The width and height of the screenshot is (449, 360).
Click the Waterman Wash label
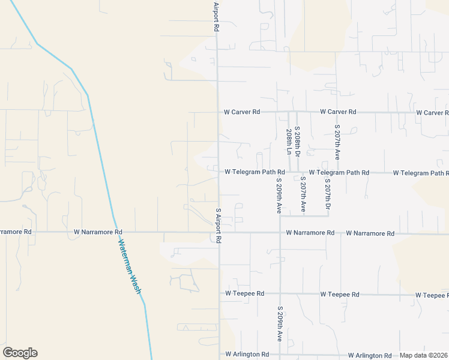(129, 266)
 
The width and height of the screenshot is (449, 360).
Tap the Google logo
(20, 353)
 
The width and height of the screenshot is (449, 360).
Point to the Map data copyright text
(424, 355)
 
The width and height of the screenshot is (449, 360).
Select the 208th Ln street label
(289, 142)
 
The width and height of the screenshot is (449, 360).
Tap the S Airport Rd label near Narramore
(218, 226)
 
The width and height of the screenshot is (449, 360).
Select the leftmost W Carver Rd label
(242, 112)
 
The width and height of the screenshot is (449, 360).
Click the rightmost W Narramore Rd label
(370, 233)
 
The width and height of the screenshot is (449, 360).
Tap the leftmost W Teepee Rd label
(244, 293)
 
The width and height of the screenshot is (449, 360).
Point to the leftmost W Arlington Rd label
(247, 355)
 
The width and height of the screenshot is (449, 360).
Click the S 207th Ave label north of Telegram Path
(337, 142)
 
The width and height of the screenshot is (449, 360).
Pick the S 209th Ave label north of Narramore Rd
(279, 195)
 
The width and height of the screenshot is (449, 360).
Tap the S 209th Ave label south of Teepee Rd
(279, 324)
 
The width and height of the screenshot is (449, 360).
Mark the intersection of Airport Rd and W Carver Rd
(218, 112)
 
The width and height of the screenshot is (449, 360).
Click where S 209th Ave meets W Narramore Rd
(280, 233)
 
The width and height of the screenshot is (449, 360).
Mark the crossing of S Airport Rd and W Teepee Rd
(219, 293)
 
